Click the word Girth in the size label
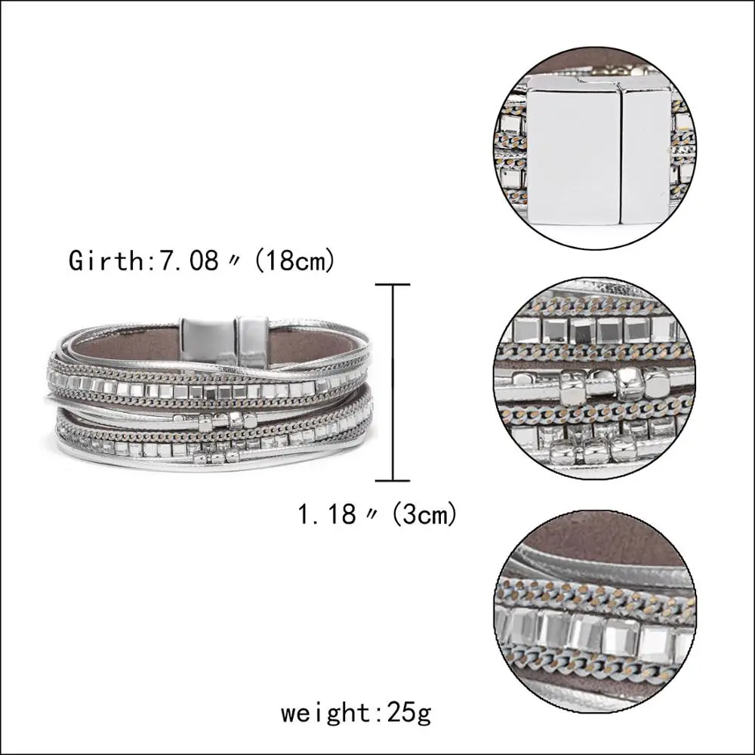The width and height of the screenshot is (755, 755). (104, 260)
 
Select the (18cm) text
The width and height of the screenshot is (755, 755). (294, 261)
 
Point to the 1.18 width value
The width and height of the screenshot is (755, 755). (327, 514)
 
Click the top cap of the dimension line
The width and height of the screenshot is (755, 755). (393, 285)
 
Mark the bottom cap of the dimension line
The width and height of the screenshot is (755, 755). (393, 480)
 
